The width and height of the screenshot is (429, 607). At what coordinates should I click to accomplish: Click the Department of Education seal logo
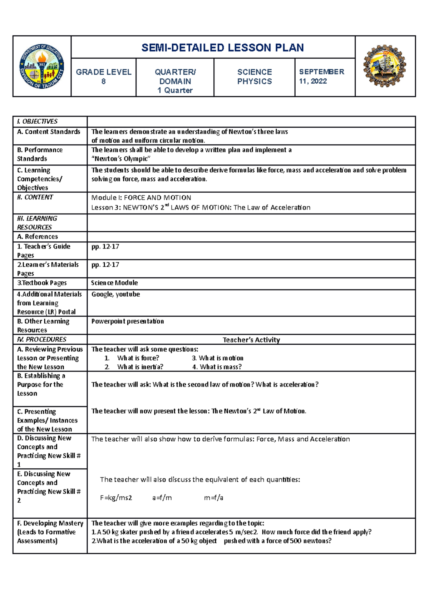tap(41, 66)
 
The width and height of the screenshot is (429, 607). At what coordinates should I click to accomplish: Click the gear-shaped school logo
tap(385, 66)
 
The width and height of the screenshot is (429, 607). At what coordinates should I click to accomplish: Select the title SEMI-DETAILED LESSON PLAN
tap(222, 48)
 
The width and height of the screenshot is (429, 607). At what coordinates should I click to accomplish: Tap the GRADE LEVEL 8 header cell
tap(104, 77)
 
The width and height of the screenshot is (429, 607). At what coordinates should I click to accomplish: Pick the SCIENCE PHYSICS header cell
tap(255, 77)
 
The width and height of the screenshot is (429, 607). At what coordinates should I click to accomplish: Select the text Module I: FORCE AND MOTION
tap(141, 198)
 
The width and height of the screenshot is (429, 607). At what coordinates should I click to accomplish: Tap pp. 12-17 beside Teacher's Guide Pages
tap(105, 247)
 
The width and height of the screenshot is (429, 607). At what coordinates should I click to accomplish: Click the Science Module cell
tap(114, 283)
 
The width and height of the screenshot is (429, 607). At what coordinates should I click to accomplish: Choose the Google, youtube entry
tap(115, 294)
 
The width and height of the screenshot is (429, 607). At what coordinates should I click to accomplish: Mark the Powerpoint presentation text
tap(128, 321)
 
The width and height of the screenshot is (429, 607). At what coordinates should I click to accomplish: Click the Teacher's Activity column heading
tap(251, 340)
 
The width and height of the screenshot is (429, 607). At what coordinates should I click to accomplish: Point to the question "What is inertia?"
tap(140, 367)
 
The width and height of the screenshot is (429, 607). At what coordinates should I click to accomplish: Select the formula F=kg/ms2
tap(116, 498)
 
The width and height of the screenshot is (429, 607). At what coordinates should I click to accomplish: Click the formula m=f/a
tap(213, 498)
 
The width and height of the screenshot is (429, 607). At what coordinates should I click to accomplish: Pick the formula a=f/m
tap(162, 498)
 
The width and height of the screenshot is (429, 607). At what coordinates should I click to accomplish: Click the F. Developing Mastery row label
tap(50, 532)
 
